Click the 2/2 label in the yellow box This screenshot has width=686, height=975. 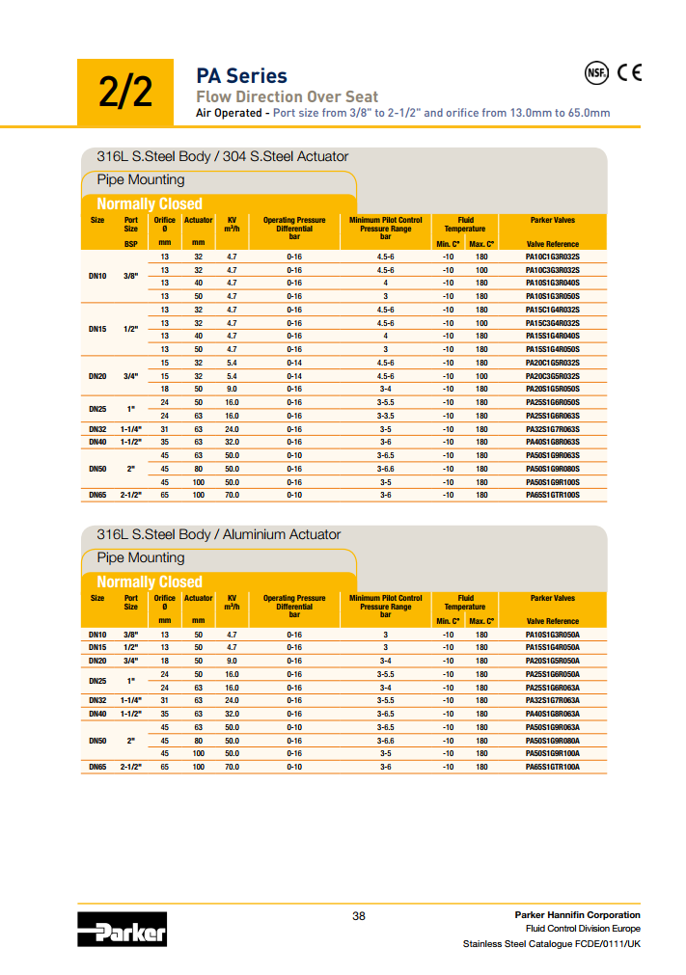125,93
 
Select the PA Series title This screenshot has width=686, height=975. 241,75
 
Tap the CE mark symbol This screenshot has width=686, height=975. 629,72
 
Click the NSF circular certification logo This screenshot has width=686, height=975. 598,72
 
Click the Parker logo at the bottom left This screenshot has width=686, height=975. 123,932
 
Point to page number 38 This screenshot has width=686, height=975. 358,915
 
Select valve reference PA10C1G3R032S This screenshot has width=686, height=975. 552,257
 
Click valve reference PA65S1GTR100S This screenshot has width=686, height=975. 552,495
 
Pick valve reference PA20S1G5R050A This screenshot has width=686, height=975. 552,661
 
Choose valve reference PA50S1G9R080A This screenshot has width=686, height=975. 552,740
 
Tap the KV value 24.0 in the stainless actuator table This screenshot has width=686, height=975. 232,429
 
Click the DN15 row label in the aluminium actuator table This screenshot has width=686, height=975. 97,647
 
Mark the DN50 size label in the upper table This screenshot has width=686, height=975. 97,469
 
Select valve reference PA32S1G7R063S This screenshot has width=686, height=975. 552,429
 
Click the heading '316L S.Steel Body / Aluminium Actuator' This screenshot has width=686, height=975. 218,534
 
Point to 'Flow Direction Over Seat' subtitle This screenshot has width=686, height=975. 287,96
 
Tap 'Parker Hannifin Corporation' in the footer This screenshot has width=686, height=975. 577,914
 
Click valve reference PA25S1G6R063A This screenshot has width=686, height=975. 552,688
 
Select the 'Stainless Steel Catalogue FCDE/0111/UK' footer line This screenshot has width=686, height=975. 551,943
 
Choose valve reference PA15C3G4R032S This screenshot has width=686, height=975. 552,323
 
